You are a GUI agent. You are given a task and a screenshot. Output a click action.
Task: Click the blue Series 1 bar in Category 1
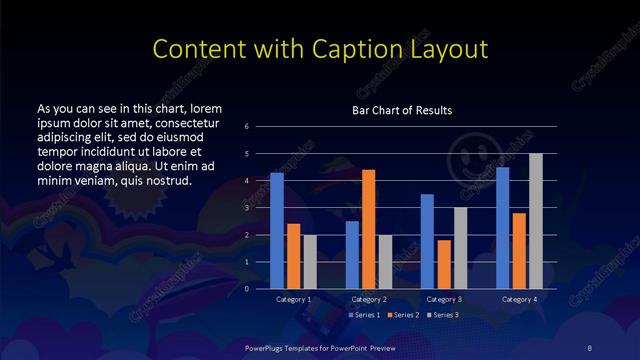pos(277,230)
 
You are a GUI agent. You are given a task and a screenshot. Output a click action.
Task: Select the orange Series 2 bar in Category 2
pos(369,229)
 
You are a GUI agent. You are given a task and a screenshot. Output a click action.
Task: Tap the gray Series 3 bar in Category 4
pos(536,221)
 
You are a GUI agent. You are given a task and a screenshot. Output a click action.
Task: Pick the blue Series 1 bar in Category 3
pos(427,241)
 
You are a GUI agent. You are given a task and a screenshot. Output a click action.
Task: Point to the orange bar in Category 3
pos(444,264)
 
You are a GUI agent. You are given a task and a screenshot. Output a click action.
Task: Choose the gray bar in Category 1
pos(309,261)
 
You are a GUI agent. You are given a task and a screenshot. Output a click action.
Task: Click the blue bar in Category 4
pos(503,227)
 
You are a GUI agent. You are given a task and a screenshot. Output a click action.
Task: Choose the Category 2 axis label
pos(368,299)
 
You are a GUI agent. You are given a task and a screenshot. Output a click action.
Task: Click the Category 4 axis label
pos(519,299)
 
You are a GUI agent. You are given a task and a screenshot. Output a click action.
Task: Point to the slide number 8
pos(590,346)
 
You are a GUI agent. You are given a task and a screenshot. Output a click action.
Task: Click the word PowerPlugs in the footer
pos(267,346)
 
